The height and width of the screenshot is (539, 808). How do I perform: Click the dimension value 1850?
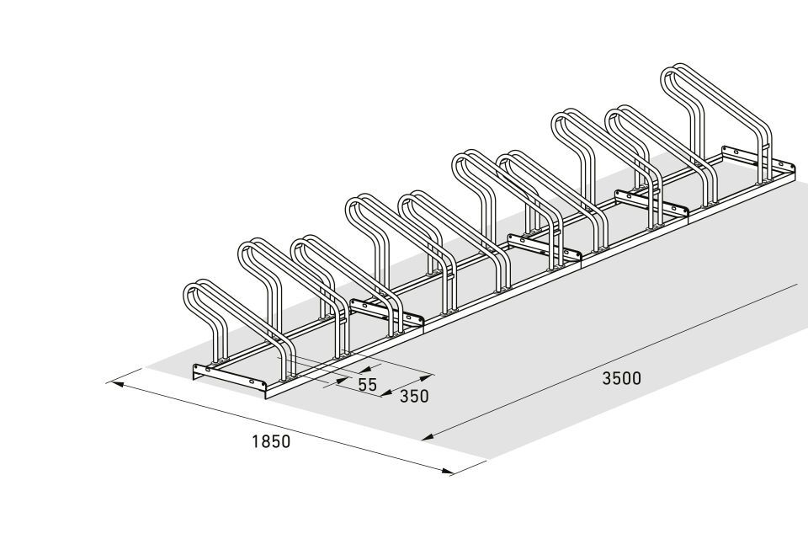271,441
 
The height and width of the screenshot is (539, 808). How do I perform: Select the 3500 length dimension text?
622,379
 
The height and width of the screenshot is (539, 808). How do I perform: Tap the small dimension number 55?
368,384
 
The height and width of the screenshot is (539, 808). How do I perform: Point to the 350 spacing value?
414,396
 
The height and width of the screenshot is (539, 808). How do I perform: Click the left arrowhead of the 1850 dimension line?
113,384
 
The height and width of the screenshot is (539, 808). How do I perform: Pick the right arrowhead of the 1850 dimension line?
447,470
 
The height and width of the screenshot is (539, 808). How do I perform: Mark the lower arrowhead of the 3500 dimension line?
428,438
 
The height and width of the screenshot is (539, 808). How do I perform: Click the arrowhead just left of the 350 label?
387,393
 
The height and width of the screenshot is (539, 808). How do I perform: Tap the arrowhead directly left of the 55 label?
343,381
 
